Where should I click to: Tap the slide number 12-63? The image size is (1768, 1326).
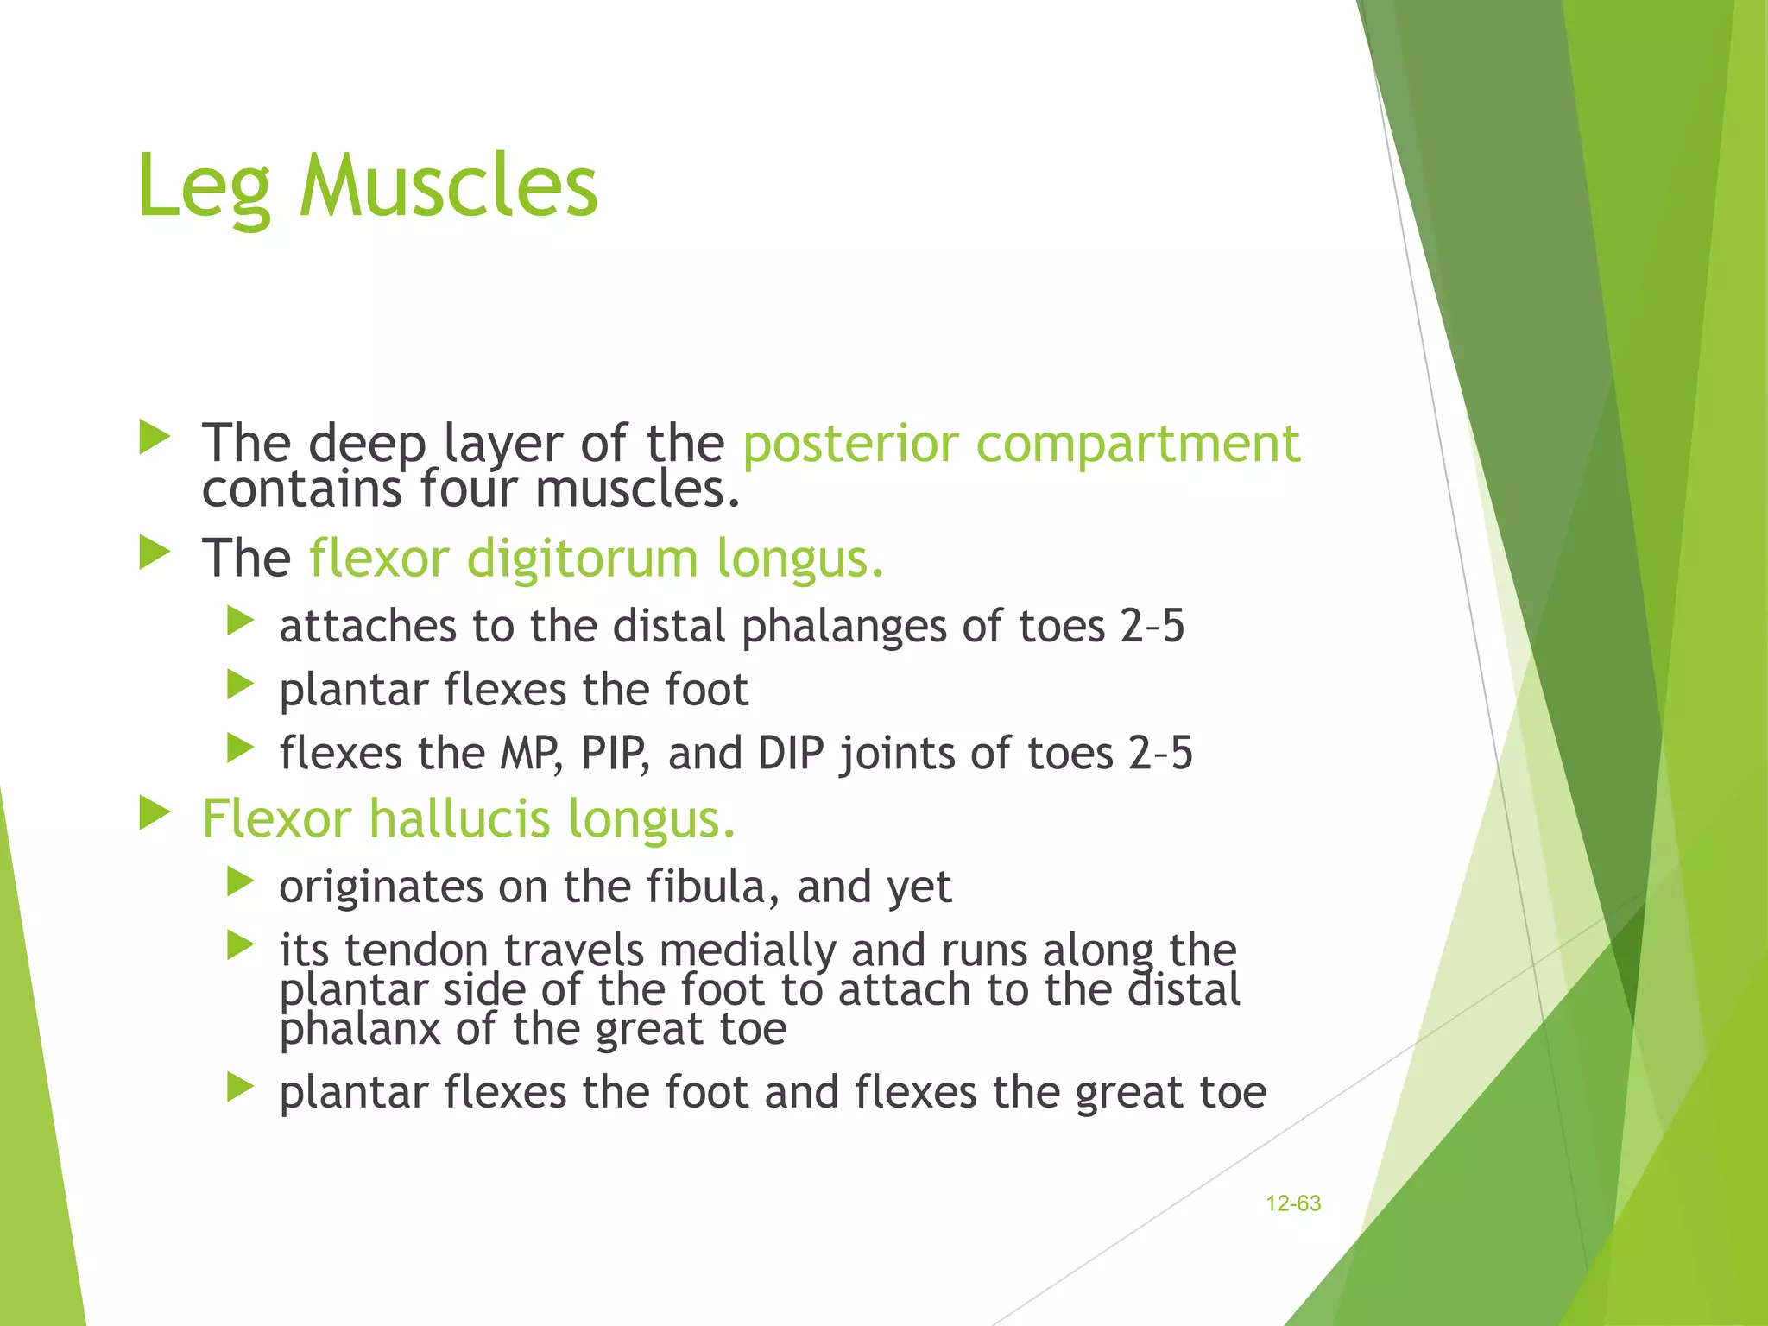pyautogui.click(x=1292, y=1203)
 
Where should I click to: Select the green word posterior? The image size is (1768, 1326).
pyautogui.click(x=850, y=444)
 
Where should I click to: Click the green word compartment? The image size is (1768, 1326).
pyautogui.click(x=1137, y=444)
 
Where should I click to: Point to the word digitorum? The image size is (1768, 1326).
pyautogui.click(x=582, y=559)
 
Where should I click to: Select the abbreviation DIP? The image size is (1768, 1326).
pyautogui.click(x=791, y=753)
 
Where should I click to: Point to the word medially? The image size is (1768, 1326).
pyautogui.click(x=748, y=950)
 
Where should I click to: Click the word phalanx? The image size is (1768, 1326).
pyautogui.click(x=360, y=1029)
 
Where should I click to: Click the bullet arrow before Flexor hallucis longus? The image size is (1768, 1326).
pyautogui.click(x=155, y=813)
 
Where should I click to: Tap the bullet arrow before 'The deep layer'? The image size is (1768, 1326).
pyautogui.click(x=155, y=438)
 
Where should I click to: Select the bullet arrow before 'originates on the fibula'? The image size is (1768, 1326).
pyautogui.click(x=240, y=881)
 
